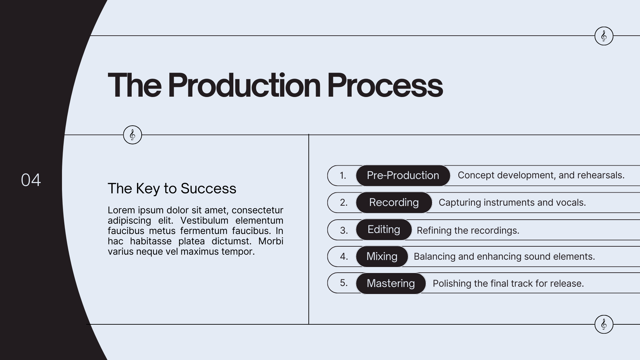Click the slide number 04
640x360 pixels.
pos(31,180)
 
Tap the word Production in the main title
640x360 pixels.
pos(244,85)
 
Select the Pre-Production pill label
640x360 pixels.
pos(403,175)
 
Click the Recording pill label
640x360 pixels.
pos(394,202)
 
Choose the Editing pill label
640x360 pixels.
pos(384,229)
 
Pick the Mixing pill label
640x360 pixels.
pos(382,256)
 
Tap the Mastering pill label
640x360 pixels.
pos(391,283)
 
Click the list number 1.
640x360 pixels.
pos(343,175)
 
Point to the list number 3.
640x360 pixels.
pos(344,230)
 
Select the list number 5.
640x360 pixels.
pos(344,283)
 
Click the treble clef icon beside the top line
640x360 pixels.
pos(604,36)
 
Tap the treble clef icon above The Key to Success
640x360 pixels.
pos(132,135)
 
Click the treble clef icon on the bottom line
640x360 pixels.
pos(604,324)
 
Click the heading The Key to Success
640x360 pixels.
pos(172,188)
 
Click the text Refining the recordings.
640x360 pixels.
pos(468,230)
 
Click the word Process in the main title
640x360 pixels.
pos(385,85)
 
